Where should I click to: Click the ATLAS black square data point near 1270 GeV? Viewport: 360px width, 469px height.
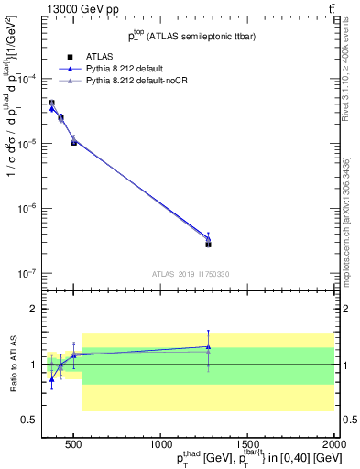tap(209, 244)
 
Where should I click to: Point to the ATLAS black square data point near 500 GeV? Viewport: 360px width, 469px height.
tap(74, 142)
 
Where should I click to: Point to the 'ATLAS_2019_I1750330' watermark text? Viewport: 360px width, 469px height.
tap(191, 274)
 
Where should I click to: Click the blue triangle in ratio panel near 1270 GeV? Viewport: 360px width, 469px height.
tap(209, 346)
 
